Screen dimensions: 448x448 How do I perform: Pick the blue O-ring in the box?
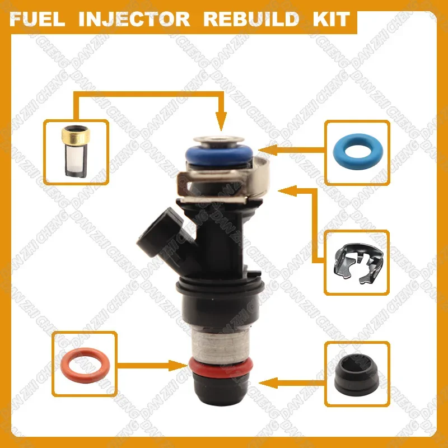[x=357, y=152]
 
